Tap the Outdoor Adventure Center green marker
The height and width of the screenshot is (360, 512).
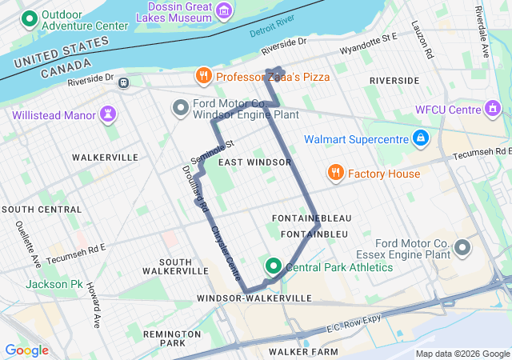(30, 18)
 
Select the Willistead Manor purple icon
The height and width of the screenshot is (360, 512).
(106, 114)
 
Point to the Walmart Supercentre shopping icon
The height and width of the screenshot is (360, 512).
(419, 139)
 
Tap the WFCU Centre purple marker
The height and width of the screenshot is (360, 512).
(493, 109)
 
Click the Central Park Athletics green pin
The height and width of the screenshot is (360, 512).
(273, 266)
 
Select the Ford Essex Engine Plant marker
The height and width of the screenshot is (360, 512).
(462, 249)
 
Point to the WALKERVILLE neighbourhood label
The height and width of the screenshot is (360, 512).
(105, 158)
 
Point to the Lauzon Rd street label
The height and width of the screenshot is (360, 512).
(428, 45)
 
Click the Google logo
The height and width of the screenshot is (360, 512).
(26, 350)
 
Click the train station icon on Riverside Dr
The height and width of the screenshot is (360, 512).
(123, 82)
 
